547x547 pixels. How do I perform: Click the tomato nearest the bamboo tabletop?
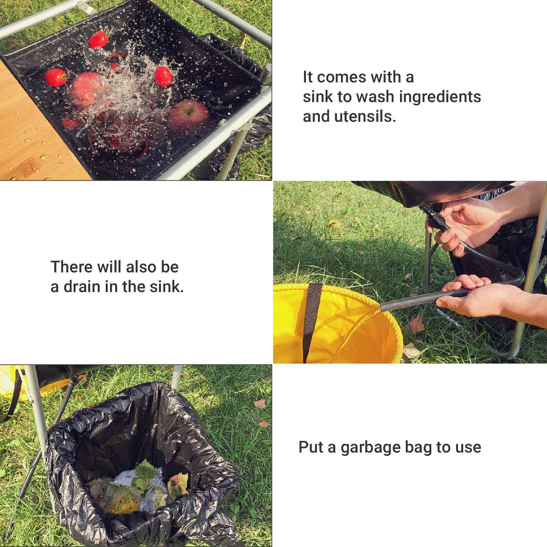(57, 77)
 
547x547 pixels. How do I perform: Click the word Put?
(311, 447)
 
